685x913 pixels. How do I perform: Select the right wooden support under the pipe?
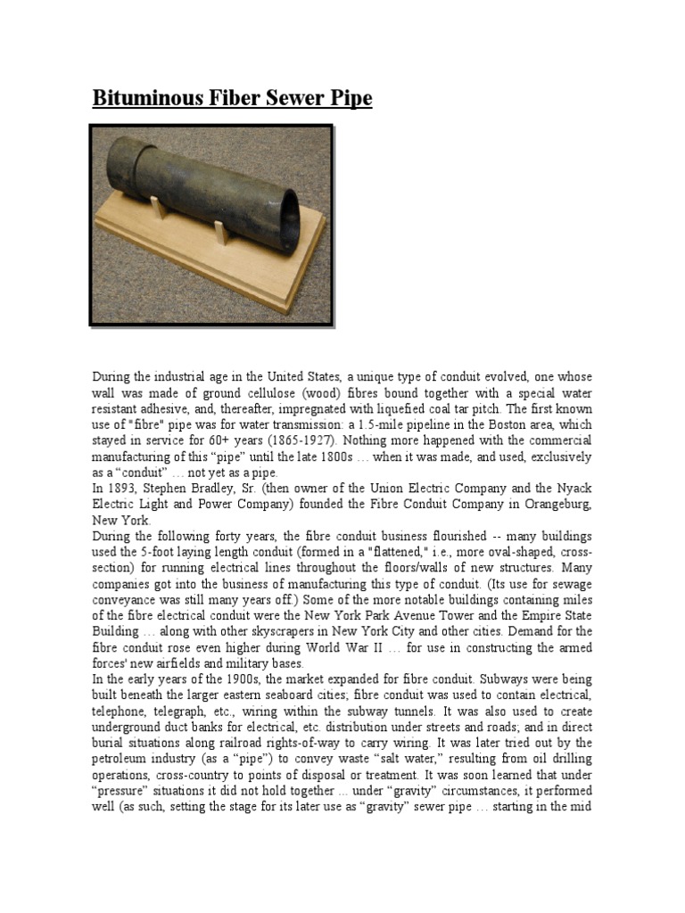click(223, 231)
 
